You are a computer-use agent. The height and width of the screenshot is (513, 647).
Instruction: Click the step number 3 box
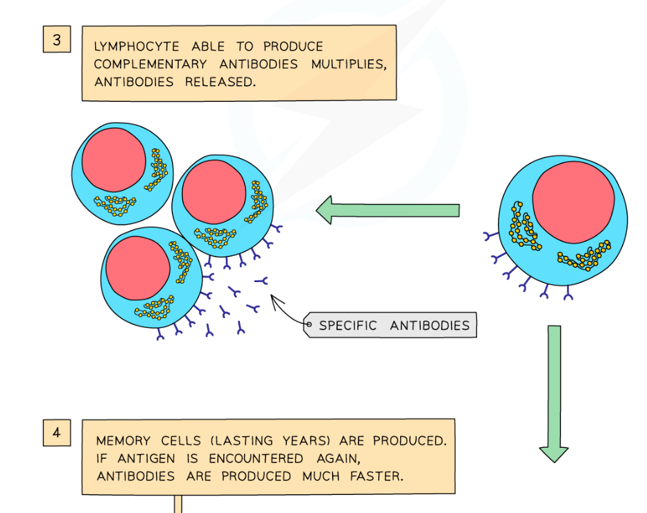point(57,40)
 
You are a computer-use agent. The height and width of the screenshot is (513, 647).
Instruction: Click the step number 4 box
point(57,433)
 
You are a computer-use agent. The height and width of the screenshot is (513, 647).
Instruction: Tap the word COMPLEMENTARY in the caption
point(150,64)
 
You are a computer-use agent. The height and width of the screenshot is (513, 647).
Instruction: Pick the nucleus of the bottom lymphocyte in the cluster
point(138,267)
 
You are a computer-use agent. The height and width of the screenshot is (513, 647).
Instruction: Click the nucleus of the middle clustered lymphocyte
point(214,192)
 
